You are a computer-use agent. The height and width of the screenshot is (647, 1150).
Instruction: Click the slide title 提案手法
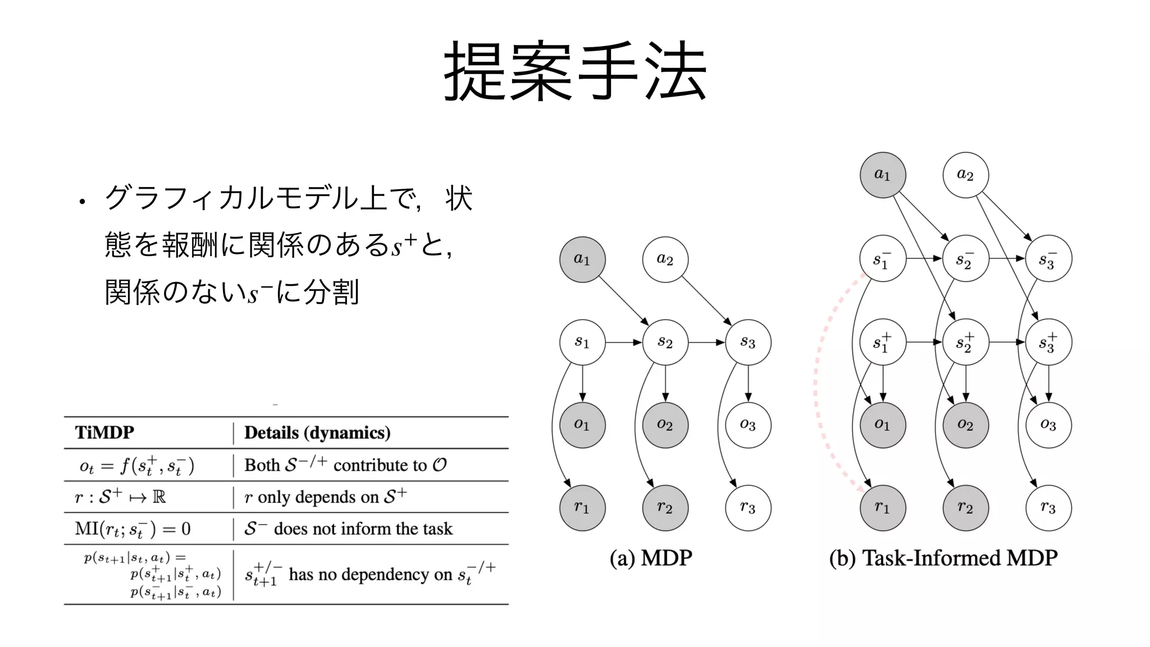pyautogui.click(x=575, y=71)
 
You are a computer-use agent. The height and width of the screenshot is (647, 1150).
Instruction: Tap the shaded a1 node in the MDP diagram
pyautogui.click(x=582, y=259)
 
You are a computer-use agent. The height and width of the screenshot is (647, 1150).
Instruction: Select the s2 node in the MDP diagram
pyautogui.click(x=665, y=342)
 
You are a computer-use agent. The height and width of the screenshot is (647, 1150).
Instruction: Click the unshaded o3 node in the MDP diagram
pyautogui.click(x=748, y=425)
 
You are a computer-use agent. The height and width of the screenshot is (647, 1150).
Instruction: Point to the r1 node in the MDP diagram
pyautogui.click(x=582, y=508)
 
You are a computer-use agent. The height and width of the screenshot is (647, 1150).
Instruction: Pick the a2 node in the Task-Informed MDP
pyautogui.click(x=965, y=175)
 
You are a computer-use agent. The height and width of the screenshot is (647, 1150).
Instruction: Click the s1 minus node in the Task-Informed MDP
pyautogui.click(x=883, y=259)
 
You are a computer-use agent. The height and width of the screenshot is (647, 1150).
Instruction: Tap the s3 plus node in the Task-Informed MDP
pyautogui.click(x=1048, y=342)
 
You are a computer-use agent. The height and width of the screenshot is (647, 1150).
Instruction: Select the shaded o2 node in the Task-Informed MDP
pyautogui.click(x=965, y=425)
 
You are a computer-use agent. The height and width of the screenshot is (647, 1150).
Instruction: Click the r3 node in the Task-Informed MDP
pyautogui.click(x=1048, y=508)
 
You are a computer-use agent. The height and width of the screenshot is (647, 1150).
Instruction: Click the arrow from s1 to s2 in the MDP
pyautogui.click(x=623, y=342)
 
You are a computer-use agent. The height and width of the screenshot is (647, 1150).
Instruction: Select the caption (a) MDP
pyautogui.click(x=651, y=558)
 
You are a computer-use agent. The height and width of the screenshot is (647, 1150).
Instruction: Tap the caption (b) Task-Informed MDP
pyautogui.click(x=943, y=558)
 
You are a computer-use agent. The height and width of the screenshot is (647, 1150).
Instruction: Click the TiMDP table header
pyautogui.click(x=105, y=432)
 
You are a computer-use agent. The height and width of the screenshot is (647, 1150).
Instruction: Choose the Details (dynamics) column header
pyautogui.click(x=317, y=432)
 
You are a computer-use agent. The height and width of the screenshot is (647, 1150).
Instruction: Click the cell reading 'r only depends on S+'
pyautogui.click(x=326, y=497)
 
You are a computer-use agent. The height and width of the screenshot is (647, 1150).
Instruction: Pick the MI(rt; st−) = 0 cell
pyautogui.click(x=133, y=529)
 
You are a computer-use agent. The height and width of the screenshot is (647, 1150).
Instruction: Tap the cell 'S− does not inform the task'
pyautogui.click(x=348, y=529)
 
